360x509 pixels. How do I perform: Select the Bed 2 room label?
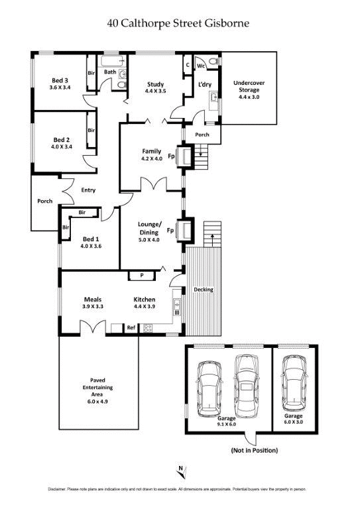pyautogui.click(x=61, y=143)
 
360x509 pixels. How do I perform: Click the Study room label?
pyautogui.click(x=155, y=87)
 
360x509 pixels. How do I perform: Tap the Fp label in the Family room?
pyautogui.click(x=171, y=157)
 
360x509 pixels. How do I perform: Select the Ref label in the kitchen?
pyautogui.click(x=131, y=327)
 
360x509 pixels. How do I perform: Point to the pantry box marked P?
pyautogui.click(x=141, y=275)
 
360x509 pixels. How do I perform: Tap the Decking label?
pyautogui.click(x=203, y=290)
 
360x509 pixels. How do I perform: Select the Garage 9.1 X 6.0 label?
pyautogui.click(x=227, y=422)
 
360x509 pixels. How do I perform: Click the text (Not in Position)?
pyautogui.click(x=254, y=451)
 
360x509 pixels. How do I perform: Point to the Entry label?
pyautogui.click(x=88, y=190)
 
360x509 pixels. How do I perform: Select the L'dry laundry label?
pyautogui.click(x=204, y=84)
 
